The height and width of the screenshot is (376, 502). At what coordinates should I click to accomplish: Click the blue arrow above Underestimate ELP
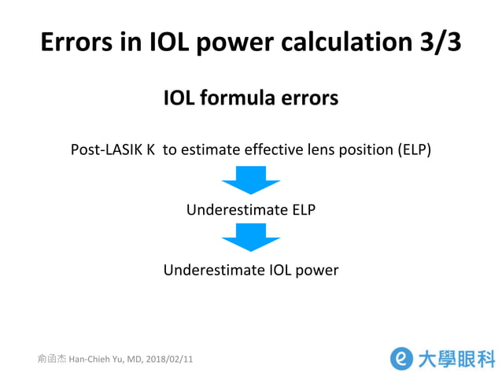pos(250,184)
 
